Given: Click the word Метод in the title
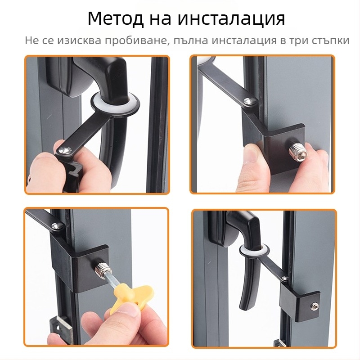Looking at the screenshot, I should pos(116,19).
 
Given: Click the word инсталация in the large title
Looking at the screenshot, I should pos(231,19).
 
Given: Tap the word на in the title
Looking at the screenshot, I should pos(159,19).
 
